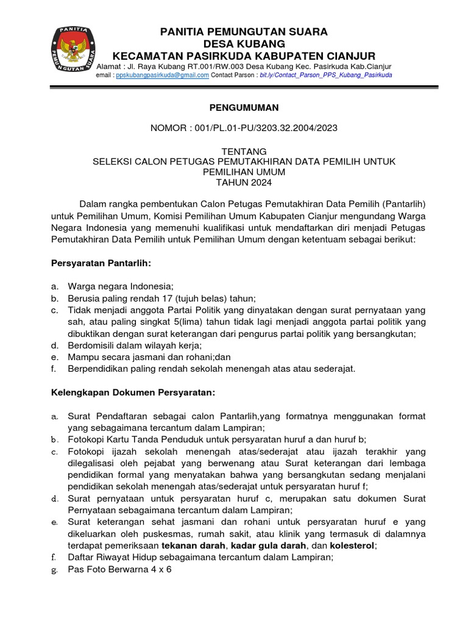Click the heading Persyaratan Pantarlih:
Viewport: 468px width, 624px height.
click(x=100, y=263)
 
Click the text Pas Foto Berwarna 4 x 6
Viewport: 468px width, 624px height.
click(x=120, y=570)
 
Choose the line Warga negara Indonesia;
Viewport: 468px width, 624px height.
click(x=121, y=286)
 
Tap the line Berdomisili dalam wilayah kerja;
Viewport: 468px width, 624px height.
click(x=135, y=346)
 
